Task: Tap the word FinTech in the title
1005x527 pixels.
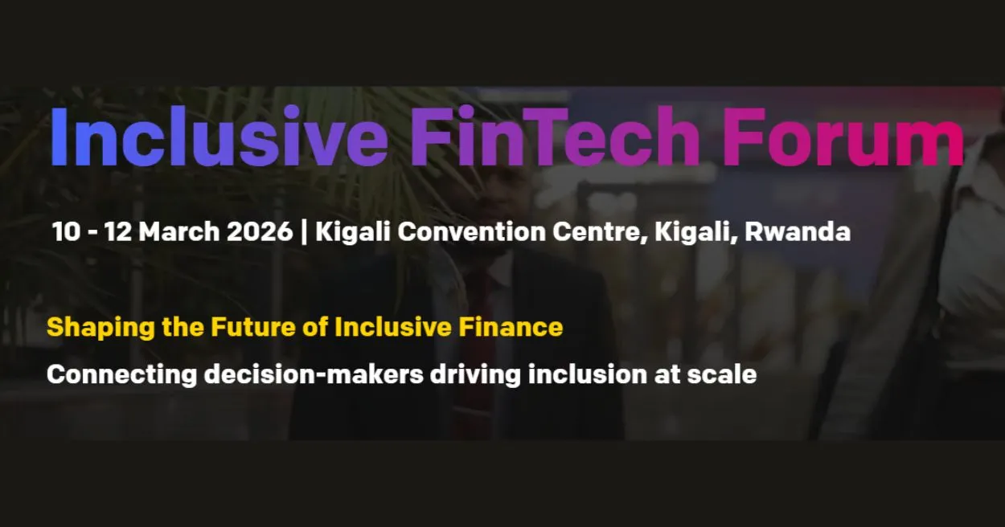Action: (x=555, y=138)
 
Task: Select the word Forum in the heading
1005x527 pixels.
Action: (x=843, y=138)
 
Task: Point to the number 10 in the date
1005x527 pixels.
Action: (x=66, y=232)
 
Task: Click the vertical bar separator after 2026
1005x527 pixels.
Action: (x=303, y=233)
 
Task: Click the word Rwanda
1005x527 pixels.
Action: (x=798, y=232)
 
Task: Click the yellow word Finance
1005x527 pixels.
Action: (x=511, y=327)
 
